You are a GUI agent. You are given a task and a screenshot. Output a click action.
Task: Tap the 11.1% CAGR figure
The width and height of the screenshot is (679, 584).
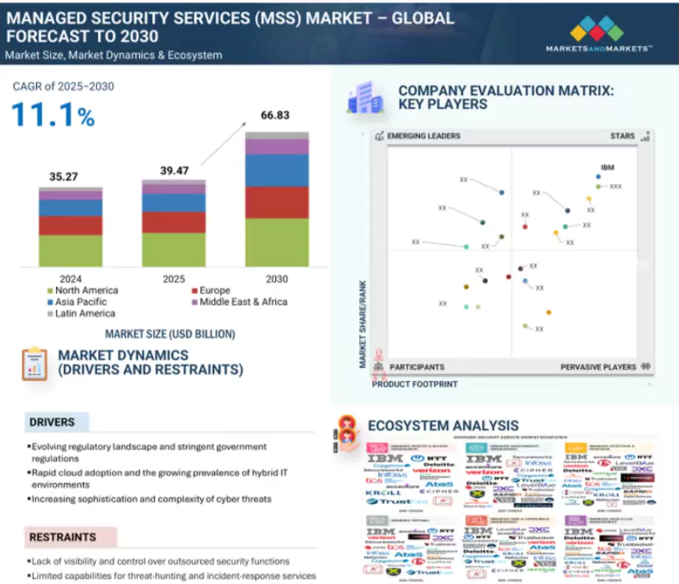click(x=53, y=114)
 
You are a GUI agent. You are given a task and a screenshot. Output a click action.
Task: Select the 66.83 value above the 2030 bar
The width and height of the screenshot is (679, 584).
click(x=277, y=115)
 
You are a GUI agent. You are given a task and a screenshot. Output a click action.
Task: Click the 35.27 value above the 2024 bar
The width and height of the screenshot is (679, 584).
click(x=64, y=177)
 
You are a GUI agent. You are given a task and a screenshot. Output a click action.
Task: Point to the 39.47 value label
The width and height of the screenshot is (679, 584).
click(x=175, y=171)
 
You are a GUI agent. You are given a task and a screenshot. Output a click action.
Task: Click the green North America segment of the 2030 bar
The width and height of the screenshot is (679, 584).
click(x=277, y=242)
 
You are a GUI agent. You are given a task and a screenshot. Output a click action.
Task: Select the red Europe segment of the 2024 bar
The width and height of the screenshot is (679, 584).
click(x=71, y=225)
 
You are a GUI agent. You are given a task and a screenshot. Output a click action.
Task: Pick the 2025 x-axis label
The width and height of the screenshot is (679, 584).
click(x=174, y=279)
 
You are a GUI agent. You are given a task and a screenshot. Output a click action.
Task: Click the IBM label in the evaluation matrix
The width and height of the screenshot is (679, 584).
click(x=607, y=168)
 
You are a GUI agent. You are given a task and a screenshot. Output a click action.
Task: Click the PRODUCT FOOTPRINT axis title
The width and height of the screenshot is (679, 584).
click(x=414, y=384)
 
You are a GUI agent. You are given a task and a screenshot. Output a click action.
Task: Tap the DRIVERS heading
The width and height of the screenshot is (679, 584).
click(x=52, y=422)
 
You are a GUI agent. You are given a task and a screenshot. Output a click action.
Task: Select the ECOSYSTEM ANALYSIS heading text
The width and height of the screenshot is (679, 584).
click(x=443, y=425)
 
